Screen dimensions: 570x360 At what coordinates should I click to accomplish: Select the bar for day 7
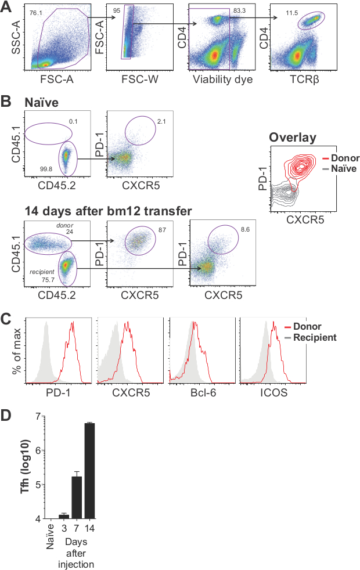tap(77, 497)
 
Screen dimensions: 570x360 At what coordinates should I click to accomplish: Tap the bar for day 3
tap(64, 517)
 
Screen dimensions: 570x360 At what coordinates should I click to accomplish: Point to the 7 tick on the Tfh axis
tap(38, 416)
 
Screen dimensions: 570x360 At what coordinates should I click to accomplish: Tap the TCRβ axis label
tap(308, 80)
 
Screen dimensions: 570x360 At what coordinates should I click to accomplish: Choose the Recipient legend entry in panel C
tap(315, 337)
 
